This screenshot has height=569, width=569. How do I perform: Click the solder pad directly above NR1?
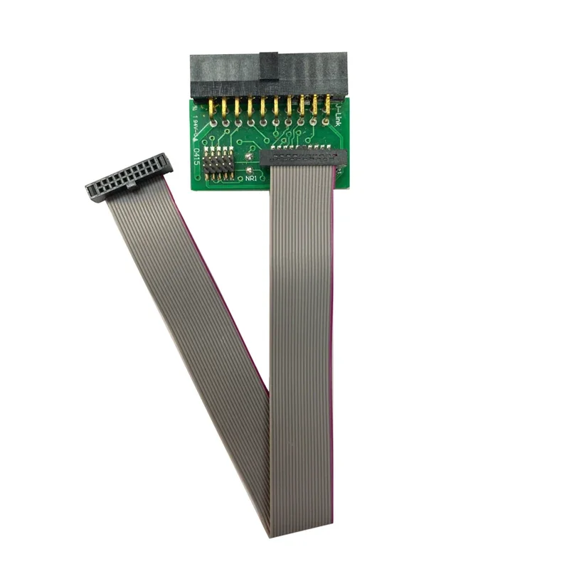(x=250, y=170)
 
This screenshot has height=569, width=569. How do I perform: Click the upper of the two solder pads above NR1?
(x=250, y=156)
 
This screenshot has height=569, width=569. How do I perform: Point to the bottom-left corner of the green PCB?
(x=192, y=188)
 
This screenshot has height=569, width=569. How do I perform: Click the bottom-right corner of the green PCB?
(x=350, y=188)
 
